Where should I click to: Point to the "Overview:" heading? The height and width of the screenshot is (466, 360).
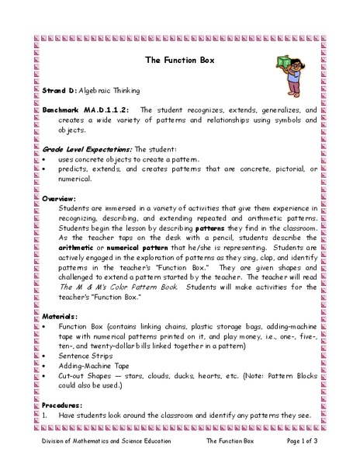click(62, 197)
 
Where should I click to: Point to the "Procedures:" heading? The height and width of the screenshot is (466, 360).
click(67, 405)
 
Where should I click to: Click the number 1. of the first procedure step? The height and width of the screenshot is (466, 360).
click(46, 416)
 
